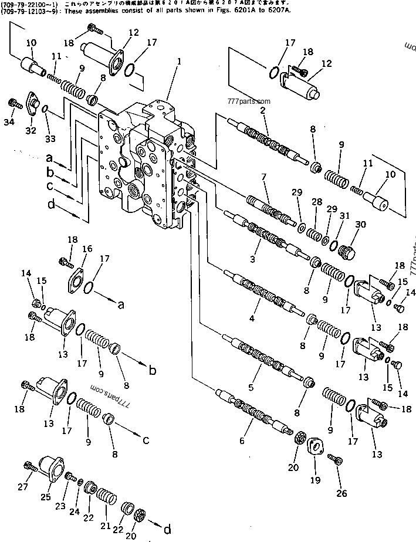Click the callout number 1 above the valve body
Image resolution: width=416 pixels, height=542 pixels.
(179, 60)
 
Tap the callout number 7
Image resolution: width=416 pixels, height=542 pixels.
(264, 177)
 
